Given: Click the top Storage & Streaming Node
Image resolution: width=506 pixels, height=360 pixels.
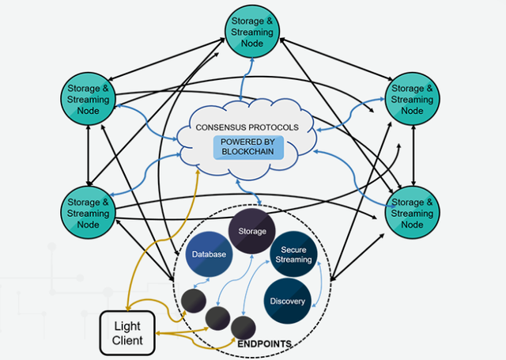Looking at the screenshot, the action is click(x=252, y=32).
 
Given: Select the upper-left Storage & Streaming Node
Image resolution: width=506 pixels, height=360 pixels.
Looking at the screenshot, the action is click(x=88, y=99).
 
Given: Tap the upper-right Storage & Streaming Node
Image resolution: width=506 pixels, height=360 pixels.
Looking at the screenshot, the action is click(x=412, y=99).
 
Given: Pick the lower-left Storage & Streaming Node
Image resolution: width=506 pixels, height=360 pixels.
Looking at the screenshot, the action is click(x=88, y=213).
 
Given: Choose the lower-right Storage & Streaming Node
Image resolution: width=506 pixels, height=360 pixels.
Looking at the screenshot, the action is click(x=412, y=213).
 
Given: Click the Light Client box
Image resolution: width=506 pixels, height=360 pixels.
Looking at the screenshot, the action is click(x=127, y=333).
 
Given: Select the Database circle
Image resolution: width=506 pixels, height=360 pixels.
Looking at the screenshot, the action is click(x=209, y=254).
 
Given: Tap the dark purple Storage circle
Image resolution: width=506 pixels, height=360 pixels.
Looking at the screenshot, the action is click(x=252, y=231).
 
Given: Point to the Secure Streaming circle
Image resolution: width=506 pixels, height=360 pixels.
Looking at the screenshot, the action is click(x=293, y=254).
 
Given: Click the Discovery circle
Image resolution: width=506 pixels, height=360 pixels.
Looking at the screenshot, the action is click(x=288, y=301).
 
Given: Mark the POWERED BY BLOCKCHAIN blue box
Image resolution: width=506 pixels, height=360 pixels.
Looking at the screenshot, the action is click(x=248, y=147).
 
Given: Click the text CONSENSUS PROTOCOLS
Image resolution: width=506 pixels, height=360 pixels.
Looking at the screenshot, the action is click(x=247, y=127).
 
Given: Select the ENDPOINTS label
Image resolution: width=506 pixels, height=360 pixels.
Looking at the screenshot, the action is click(x=264, y=344).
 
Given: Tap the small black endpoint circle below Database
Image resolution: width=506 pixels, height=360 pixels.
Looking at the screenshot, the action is click(x=194, y=301).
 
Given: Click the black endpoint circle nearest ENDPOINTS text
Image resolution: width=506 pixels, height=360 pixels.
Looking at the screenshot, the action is click(x=244, y=328).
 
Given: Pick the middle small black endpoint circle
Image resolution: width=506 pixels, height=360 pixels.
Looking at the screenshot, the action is click(x=218, y=318).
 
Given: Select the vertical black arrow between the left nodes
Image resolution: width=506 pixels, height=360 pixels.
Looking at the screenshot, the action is click(x=89, y=156).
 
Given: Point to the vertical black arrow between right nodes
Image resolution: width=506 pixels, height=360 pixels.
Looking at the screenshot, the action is click(x=413, y=156).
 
